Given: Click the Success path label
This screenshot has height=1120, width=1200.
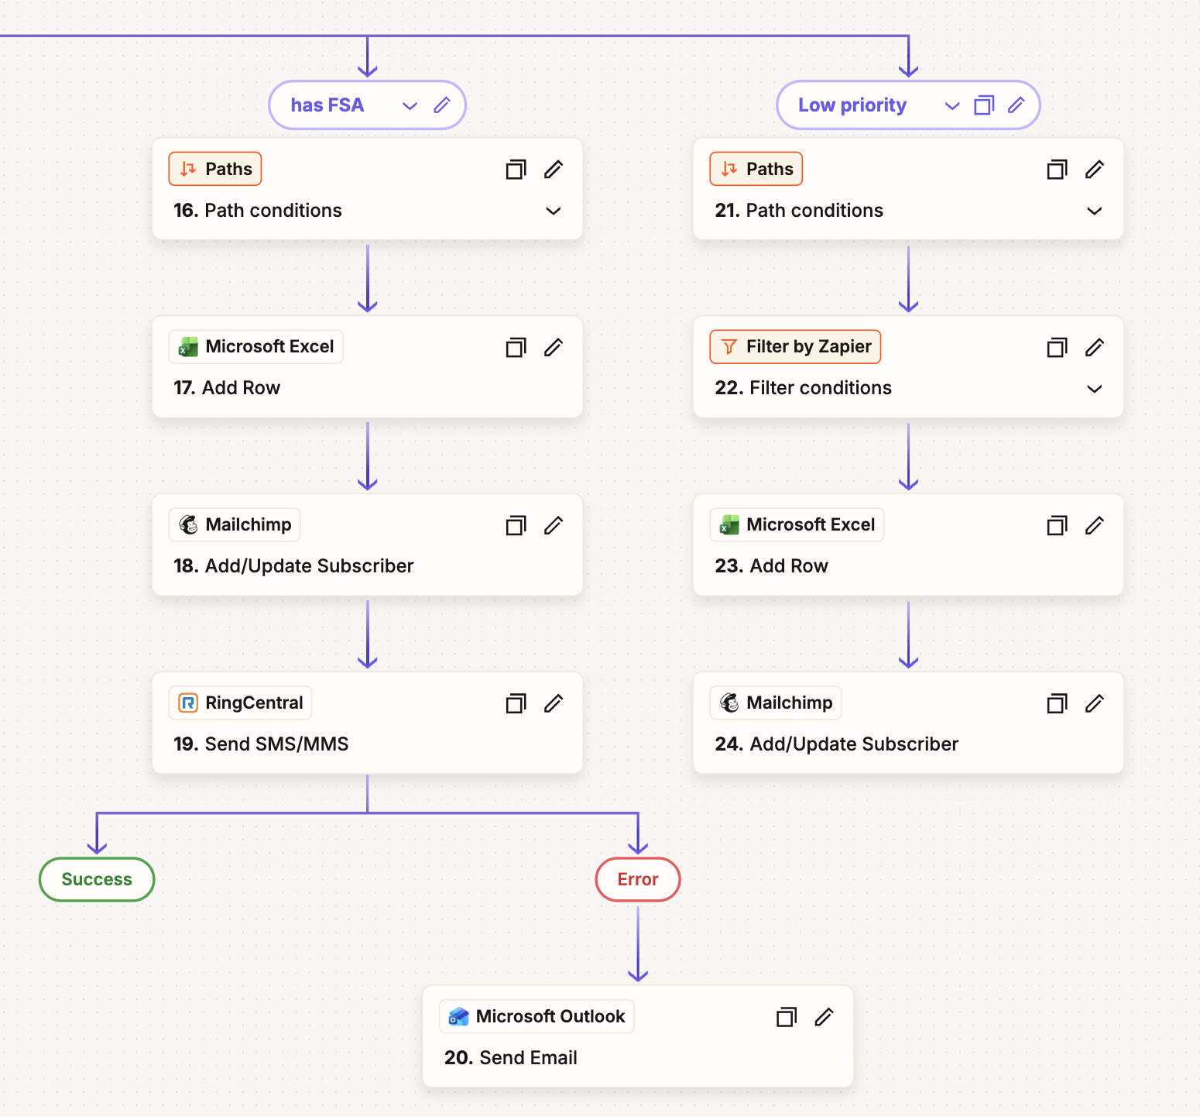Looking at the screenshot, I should [97, 879].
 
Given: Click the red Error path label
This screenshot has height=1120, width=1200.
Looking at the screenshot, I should [637, 879].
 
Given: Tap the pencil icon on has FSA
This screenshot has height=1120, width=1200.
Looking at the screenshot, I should [442, 105].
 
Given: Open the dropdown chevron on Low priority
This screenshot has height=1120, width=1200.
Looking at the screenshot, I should [952, 105].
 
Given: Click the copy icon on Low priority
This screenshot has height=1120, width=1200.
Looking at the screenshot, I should [983, 105].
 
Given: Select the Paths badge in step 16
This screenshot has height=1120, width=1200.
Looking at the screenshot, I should [215, 169].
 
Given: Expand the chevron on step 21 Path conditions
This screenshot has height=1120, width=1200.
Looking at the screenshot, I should [1094, 211].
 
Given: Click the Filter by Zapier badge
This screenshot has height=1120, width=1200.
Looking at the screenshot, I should [795, 346].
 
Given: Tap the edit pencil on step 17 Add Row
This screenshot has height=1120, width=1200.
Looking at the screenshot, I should [553, 348].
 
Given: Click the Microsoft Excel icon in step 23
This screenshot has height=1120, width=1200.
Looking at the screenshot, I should [729, 525].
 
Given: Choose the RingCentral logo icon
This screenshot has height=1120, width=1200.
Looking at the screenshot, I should [188, 703].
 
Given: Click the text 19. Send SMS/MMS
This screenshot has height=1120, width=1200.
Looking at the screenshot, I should [261, 744].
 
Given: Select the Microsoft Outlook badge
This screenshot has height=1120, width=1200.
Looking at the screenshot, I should [537, 1016].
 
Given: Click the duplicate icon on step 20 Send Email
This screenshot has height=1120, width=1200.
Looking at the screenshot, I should [786, 1017].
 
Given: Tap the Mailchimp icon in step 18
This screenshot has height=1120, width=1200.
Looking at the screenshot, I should [188, 525].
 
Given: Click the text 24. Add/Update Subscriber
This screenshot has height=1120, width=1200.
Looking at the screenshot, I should [836, 744].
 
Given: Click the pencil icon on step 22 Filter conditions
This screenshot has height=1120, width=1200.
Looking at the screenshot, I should [1094, 348].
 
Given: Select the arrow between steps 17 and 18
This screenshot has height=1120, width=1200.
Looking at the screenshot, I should [368, 456].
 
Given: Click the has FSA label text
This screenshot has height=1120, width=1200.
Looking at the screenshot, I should [327, 105].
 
